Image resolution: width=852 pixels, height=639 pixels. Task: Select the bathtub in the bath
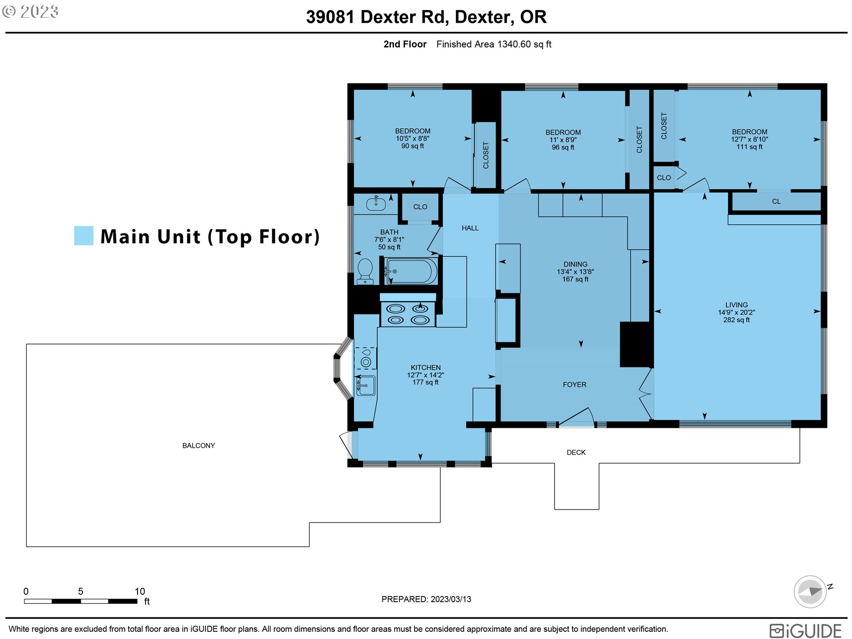[x=411, y=271]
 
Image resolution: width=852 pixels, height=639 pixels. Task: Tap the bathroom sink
[x=376, y=203]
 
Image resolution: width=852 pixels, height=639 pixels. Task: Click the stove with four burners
[x=408, y=314]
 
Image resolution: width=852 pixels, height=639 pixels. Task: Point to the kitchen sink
[x=366, y=385]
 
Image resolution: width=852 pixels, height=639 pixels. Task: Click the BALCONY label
[x=198, y=446]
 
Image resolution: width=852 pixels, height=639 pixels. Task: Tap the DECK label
[x=576, y=453]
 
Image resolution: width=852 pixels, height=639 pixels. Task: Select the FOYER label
[x=575, y=385]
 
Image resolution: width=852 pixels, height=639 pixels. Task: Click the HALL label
[x=470, y=228]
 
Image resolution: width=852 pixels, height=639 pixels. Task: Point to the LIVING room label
[x=737, y=305]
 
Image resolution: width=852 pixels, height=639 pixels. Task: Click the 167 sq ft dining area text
[x=575, y=279]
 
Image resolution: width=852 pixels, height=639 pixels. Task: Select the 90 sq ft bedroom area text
[x=413, y=146]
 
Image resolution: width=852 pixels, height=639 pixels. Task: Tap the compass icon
[x=810, y=591]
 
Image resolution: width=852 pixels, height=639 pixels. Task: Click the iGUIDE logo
[x=805, y=631]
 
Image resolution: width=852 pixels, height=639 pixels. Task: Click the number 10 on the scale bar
[x=140, y=591]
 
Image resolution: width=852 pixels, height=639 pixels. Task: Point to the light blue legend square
[x=84, y=236]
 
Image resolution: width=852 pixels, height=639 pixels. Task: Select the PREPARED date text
[x=426, y=599]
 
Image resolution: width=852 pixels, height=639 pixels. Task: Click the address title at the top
[x=426, y=17]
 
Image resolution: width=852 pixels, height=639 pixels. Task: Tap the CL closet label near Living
[x=776, y=201]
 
